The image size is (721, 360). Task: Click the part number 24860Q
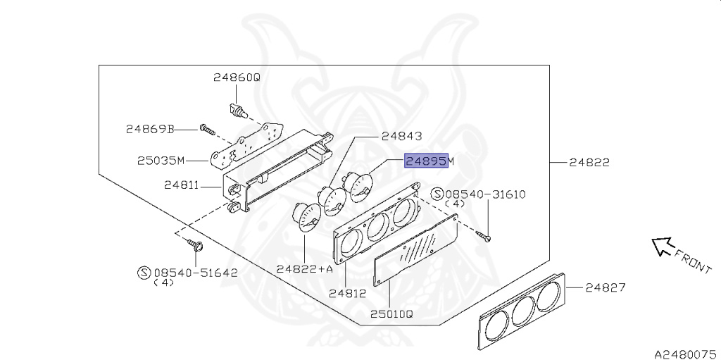point(237,78)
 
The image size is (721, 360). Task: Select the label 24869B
point(149,129)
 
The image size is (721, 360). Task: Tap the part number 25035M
point(161,161)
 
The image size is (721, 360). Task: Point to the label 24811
point(181,186)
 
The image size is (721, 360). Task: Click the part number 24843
point(401,136)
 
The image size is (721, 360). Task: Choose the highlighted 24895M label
point(429,161)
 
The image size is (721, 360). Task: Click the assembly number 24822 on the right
point(589,162)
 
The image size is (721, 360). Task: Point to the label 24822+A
point(304,268)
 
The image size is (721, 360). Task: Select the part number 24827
point(606,287)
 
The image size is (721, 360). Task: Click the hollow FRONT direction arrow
point(661,246)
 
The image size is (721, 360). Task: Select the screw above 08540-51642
point(196,245)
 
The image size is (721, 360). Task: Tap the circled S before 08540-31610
point(437,194)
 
